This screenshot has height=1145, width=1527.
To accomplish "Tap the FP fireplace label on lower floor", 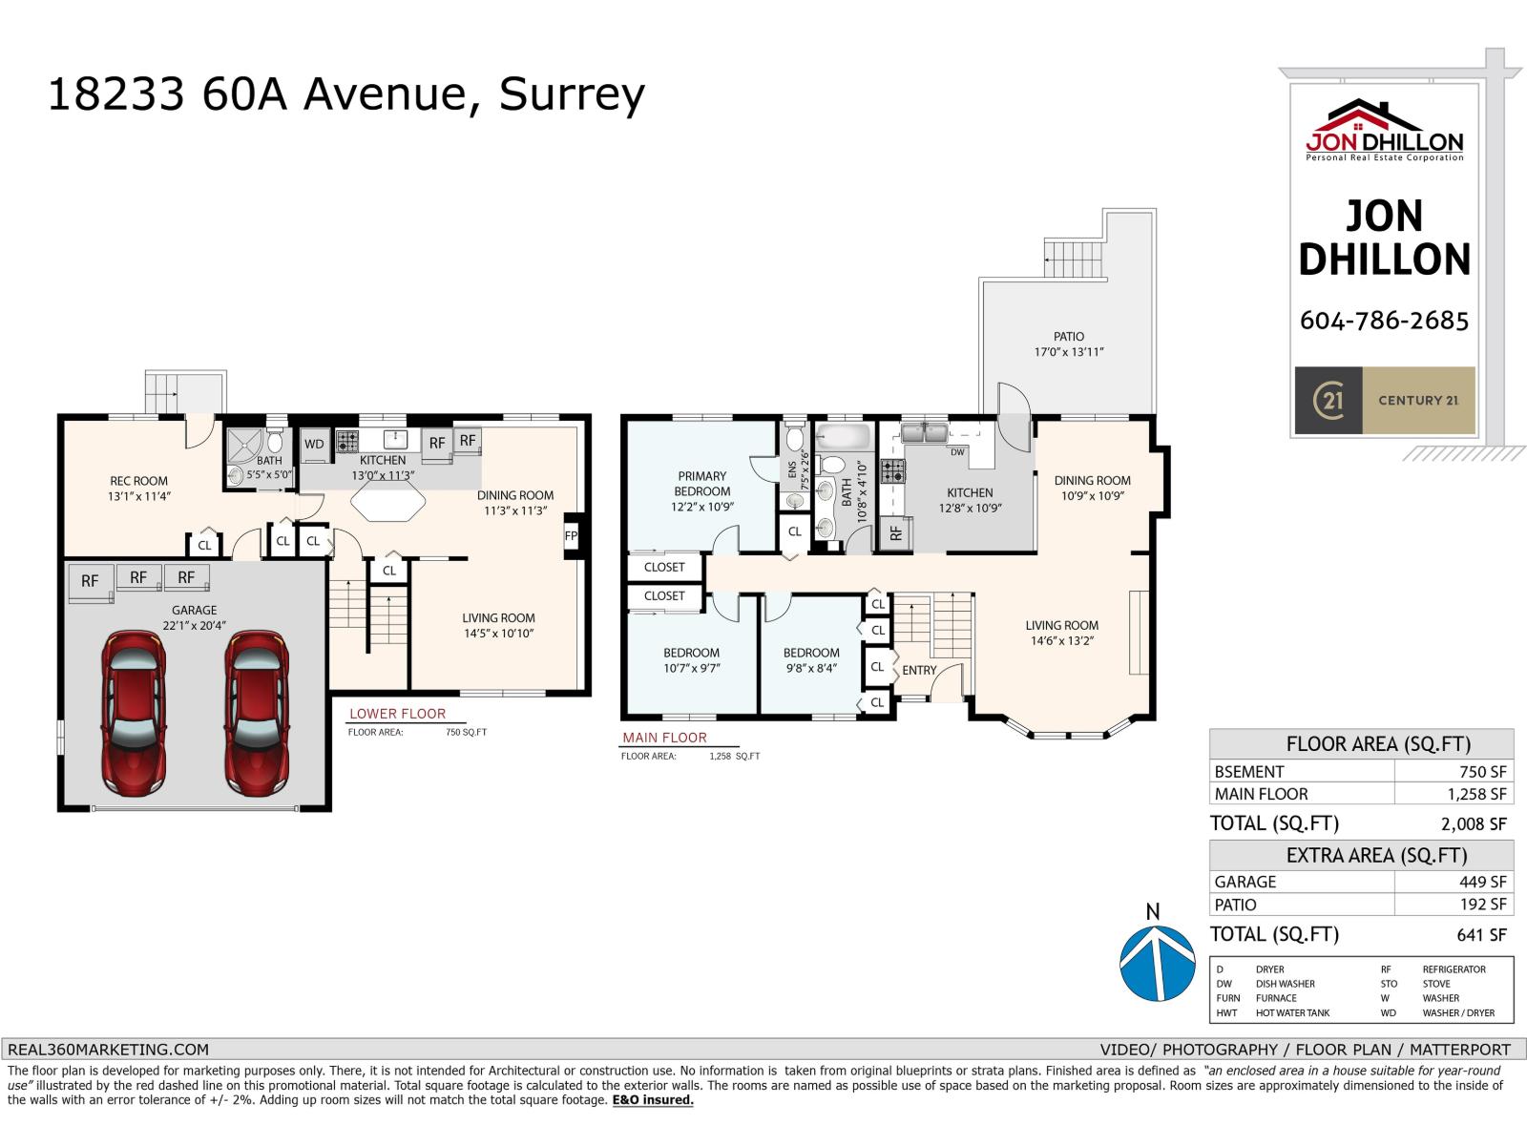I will [571, 536].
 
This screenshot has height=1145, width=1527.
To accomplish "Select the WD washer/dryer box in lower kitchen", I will [314, 444].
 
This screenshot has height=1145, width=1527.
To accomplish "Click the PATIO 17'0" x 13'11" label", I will [1069, 344].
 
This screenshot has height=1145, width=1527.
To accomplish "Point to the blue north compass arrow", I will [1157, 962].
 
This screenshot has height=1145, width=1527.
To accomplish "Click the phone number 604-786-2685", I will [1384, 321].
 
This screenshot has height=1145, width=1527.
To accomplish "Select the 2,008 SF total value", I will [1474, 824].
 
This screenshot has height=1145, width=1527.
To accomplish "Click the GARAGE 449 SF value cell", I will [1482, 882].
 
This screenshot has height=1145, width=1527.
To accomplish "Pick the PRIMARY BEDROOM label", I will [702, 484].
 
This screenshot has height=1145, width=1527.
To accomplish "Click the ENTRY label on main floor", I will [919, 671].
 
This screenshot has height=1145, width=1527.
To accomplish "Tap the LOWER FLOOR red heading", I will [397, 714].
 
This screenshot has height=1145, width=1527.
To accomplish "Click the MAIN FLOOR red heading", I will [664, 738].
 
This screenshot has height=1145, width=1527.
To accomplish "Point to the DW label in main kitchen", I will [957, 452].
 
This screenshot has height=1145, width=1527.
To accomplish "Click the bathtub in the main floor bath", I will [845, 440].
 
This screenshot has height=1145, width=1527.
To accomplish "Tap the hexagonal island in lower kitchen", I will [387, 500].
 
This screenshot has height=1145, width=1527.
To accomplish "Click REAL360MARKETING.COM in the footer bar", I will [108, 1050].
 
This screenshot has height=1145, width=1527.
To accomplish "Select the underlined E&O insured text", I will [653, 1100].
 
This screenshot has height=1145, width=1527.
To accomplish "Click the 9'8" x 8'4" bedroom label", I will [811, 660].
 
